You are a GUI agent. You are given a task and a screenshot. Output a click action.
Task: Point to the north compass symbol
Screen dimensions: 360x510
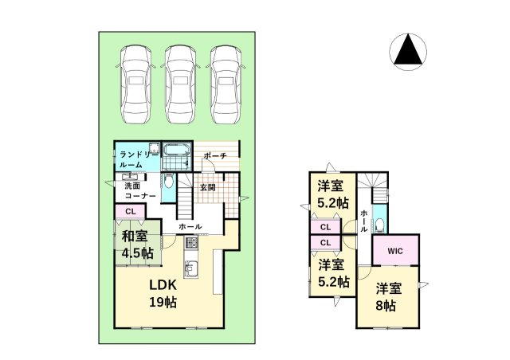point(409,52)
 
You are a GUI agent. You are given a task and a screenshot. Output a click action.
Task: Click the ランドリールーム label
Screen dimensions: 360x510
point(133,158)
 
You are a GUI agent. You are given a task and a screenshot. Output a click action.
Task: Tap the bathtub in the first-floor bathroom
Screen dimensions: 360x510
point(175,152)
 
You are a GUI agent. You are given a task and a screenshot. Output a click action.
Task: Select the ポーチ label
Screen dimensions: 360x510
point(215,156)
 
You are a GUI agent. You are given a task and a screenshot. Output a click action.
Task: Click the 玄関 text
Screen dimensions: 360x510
point(208,188)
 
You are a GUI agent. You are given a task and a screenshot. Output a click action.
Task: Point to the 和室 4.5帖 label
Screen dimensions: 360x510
point(136,244)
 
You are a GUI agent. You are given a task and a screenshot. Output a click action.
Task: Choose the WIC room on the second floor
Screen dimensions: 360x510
point(395,251)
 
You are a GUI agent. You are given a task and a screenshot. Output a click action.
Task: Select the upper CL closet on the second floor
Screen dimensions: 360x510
point(326,227)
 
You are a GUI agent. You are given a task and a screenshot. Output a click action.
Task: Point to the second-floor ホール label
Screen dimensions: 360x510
point(363,219)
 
